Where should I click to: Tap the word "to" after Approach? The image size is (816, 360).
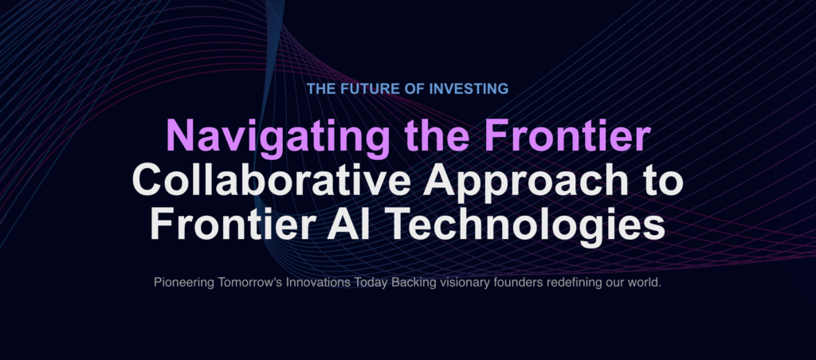click(659, 180)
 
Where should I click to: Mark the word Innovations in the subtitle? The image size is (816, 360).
click(305, 284)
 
